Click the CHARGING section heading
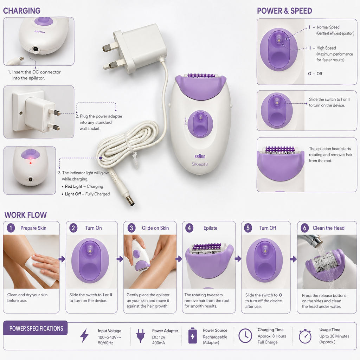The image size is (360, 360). pyautogui.click(x=21, y=11)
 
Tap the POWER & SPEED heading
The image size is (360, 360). pyautogui.click(x=284, y=11)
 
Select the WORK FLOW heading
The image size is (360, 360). pyautogui.click(x=25, y=215)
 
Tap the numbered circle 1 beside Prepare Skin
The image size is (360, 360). pyautogui.click(x=11, y=228)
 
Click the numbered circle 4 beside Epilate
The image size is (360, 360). pyautogui.click(x=189, y=228)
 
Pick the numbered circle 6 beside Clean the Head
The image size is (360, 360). pyautogui.click(x=305, y=228)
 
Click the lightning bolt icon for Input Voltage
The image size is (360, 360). pyautogui.click(x=84, y=336)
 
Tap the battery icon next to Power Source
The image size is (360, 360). pyautogui.click(x=192, y=336)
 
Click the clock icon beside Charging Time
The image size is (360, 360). pyautogui.click(x=245, y=336)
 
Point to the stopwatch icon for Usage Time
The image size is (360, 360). pyautogui.click(x=305, y=336)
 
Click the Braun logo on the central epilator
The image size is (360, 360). pyautogui.click(x=200, y=156)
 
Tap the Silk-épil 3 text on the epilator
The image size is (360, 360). pyautogui.click(x=200, y=164)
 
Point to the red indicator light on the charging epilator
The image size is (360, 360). pyautogui.click(x=31, y=163)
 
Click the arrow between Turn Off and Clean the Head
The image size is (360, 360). pyautogui.click(x=294, y=259)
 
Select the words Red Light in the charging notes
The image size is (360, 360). pyautogui.click(x=73, y=186)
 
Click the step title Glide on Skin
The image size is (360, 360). pyautogui.click(x=155, y=228)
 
